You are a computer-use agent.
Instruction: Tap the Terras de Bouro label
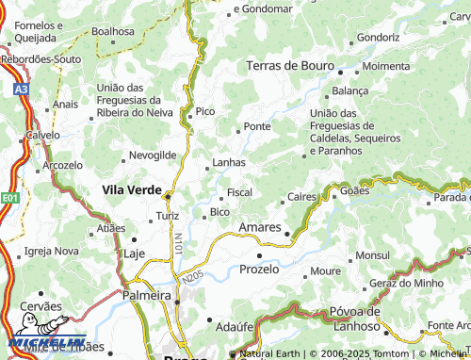[291, 66]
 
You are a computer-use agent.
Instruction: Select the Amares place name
[260, 228]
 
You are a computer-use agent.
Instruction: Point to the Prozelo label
[259, 269]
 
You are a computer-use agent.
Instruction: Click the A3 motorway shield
[21, 90]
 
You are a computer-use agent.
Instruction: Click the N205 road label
[191, 278]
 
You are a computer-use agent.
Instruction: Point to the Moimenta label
[385, 67]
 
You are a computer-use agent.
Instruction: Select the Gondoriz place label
[379, 38]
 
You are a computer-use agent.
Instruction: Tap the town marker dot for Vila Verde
[168, 197]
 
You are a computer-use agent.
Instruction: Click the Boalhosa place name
[113, 31]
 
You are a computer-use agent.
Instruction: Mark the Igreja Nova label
[52, 251]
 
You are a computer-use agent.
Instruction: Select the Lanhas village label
[230, 162]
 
